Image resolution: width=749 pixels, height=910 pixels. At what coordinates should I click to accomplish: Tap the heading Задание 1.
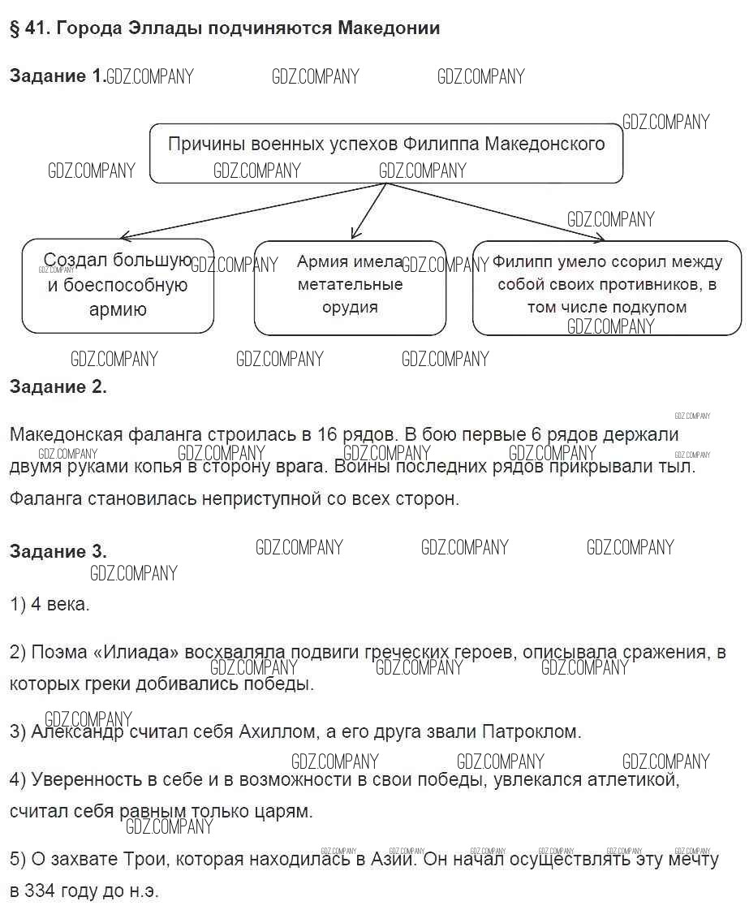coord(57,76)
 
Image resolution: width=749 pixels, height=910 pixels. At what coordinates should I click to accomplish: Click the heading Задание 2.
coord(58,387)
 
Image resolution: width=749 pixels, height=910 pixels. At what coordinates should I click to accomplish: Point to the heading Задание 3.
coord(58,552)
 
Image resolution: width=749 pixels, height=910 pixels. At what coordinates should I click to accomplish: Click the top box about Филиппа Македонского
coord(386,153)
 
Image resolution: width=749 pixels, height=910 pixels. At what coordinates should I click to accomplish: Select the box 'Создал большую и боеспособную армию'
coord(118,285)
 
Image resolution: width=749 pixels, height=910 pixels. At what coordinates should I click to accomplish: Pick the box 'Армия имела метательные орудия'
coord(350,285)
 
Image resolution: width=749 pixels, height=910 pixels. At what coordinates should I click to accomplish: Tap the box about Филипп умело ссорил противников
coord(606,286)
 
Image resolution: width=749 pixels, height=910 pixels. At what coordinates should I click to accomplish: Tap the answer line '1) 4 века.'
coord(50,605)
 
